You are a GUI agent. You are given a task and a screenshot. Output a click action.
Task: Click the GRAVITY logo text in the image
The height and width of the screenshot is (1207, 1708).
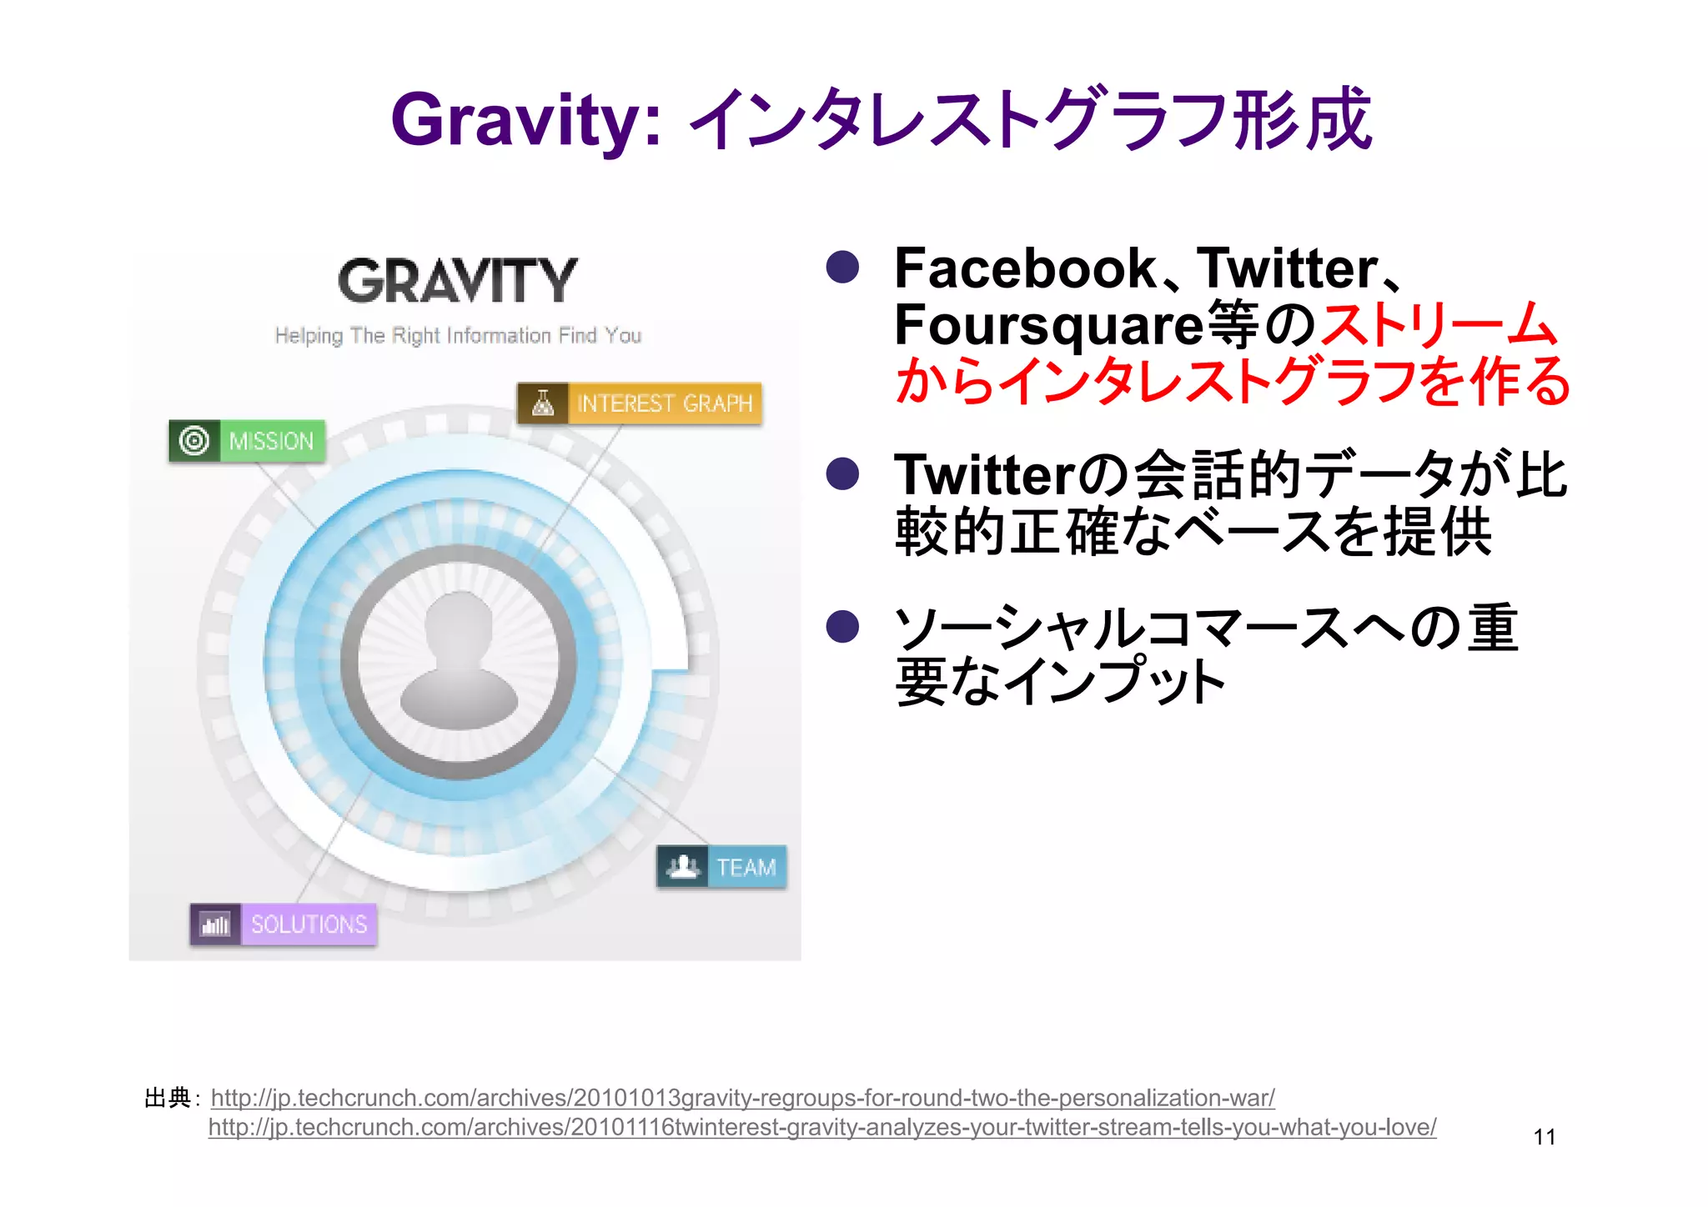click(458, 281)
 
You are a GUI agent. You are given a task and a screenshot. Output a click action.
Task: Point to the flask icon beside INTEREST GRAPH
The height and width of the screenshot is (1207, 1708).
click(543, 403)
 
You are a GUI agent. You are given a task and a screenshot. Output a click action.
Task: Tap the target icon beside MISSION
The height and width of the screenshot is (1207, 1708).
click(194, 441)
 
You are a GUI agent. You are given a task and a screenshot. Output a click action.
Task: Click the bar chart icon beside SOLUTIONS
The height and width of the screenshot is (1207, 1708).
click(215, 924)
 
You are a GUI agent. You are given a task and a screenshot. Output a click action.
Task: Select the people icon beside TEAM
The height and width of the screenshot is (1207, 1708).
click(683, 868)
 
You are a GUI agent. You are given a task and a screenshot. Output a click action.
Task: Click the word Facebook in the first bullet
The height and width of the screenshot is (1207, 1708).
click(1024, 268)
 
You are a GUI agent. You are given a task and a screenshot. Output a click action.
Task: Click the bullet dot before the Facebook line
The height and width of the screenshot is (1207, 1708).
click(842, 268)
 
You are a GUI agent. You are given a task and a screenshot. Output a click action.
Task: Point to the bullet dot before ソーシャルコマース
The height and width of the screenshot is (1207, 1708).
click(842, 627)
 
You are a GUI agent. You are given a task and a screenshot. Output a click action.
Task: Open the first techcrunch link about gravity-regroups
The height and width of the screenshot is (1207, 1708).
click(742, 1098)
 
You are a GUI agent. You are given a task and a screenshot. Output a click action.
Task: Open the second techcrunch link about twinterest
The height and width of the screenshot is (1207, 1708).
click(821, 1127)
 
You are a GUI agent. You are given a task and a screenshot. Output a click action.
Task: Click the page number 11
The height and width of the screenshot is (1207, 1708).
click(1544, 1137)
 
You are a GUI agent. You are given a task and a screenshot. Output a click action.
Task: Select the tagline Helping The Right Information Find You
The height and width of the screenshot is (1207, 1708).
click(458, 336)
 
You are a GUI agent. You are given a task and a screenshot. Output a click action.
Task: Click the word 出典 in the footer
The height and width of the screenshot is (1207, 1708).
click(168, 1098)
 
